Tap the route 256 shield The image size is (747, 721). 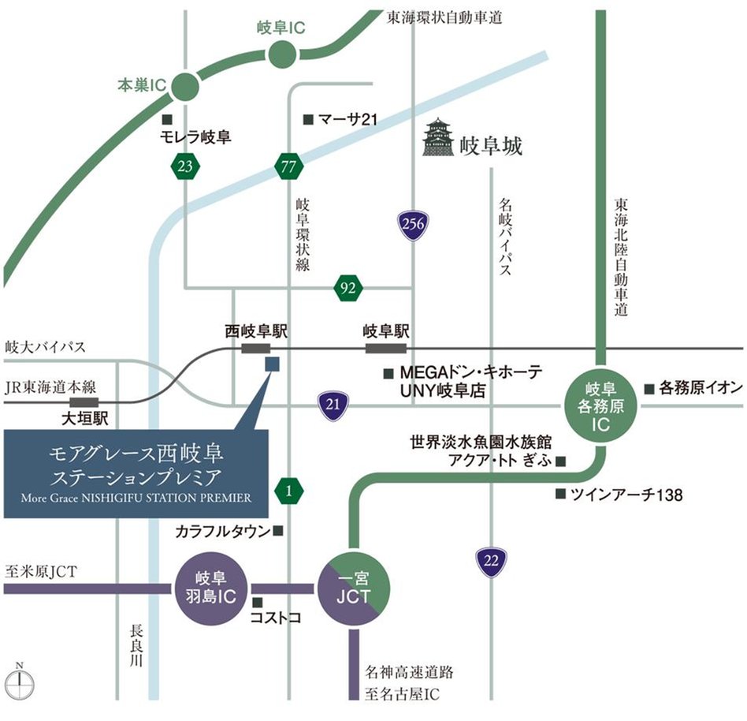coord(413,224)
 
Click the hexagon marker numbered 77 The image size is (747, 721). coord(289,166)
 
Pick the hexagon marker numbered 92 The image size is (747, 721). coord(347,288)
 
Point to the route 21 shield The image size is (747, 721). coord(333,405)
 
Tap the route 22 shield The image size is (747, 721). coord(491,561)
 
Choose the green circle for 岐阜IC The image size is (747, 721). coord(281,55)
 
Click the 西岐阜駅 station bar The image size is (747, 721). coord(257,348)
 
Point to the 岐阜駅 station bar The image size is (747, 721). coord(386,348)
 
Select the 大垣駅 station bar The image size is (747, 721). coord(84,402)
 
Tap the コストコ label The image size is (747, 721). coord(276,618)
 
